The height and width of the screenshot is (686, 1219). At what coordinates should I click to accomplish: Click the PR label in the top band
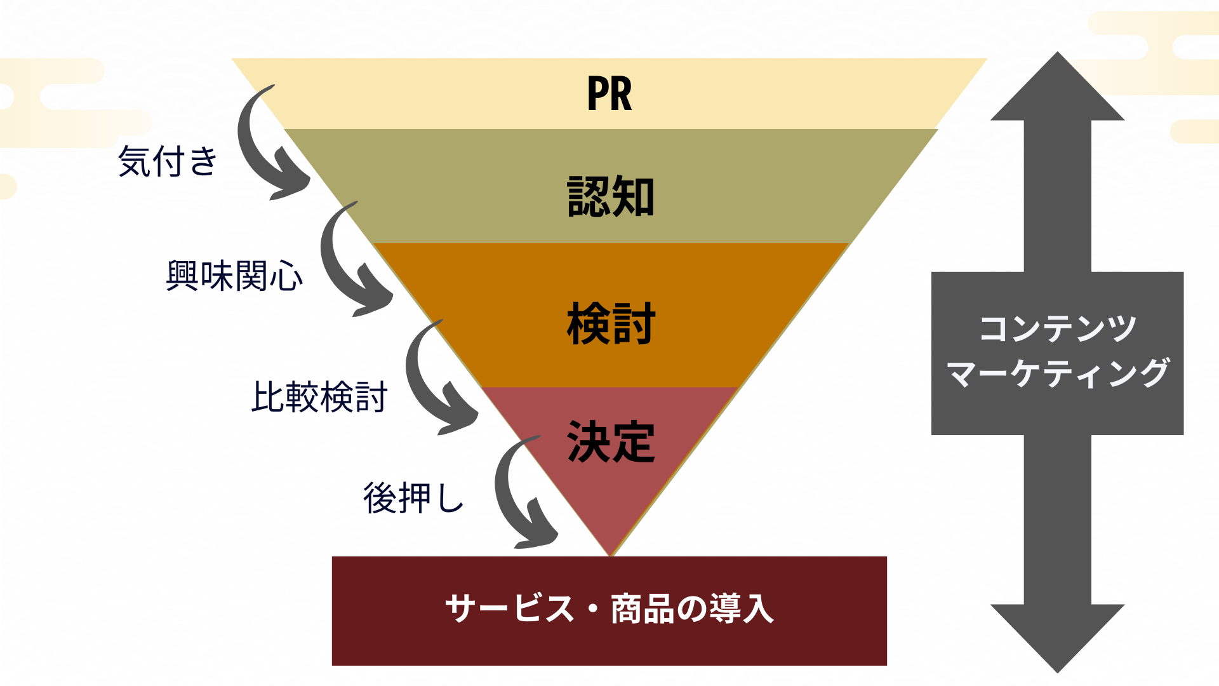tap(609, 94)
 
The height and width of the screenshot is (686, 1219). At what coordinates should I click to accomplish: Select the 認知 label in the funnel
tap(610, 197)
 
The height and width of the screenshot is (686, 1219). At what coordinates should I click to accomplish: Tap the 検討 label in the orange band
tap(610, 324)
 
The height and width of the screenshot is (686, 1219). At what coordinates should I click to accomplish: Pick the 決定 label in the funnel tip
tap(610, 442)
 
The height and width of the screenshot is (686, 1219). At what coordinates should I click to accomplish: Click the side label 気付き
tap(168, 161)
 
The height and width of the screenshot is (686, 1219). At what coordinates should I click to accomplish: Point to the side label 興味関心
tap(234, 276)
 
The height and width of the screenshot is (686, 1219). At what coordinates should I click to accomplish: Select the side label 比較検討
tap(319, 398)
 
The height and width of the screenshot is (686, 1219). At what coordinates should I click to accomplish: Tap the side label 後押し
tap(413, 498)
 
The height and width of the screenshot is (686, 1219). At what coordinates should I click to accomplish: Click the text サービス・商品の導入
tap(609, 609)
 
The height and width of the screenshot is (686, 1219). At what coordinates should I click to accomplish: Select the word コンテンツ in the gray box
tap(1057, 329)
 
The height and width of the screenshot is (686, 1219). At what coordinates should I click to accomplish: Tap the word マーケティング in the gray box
tap(1057, 373)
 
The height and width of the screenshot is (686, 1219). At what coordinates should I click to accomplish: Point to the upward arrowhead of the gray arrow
tap(1058, 89)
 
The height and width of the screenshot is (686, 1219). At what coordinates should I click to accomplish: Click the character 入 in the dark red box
tap(758, 609)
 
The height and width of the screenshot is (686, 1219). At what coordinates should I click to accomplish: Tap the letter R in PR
tap(622, 94)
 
